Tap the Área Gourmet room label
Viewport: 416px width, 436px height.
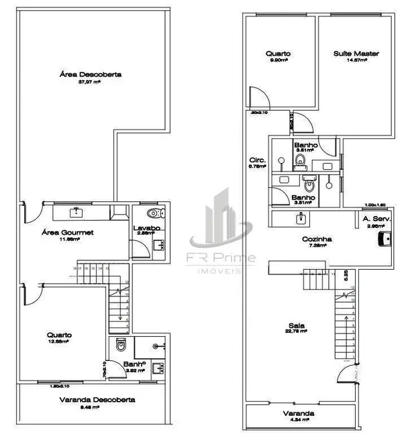point(66,232)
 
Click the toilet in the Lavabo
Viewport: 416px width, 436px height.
point(155,214)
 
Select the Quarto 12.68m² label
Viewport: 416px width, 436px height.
point(60,335)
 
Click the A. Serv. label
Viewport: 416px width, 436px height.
point(376,219)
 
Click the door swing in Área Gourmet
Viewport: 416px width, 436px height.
point(31,213)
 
